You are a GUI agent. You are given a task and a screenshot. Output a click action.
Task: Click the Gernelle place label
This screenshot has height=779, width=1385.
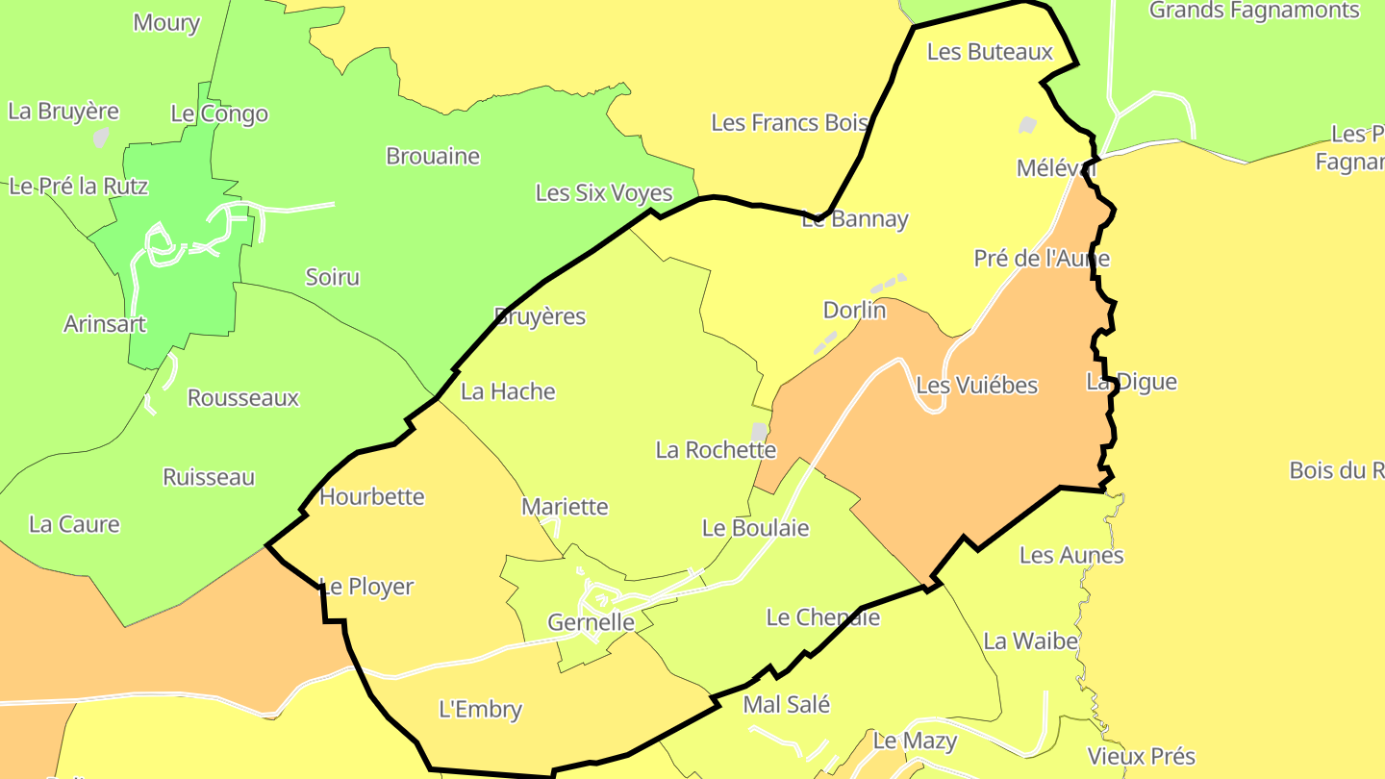[x=591, y=622]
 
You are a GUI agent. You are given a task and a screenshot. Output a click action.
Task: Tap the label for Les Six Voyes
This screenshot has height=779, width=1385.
[x=604, y=193]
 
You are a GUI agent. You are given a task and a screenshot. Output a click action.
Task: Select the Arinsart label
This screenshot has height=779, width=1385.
[x=105, y=324]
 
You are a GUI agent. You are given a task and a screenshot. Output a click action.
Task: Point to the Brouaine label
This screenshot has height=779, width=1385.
[x=433, y=156]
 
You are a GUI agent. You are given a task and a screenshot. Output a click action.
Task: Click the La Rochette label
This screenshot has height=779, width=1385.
[x=716, y=450]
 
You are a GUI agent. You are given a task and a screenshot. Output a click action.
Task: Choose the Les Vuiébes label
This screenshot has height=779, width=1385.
[x=977, y=386]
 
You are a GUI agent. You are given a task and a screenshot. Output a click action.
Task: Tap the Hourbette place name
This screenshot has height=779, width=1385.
[x=371, y=497]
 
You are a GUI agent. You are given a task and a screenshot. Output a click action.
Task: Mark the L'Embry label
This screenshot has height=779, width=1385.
[x=480, y=711]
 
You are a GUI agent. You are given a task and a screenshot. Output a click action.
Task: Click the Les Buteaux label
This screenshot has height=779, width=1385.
[x=990, y=52]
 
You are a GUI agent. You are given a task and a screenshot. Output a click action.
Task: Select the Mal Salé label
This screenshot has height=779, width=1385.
[x=786, y=705]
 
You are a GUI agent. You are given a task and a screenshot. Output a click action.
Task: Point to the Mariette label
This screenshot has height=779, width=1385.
[x=565, y=507]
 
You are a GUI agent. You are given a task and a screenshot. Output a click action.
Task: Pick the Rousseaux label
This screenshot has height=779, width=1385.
[x=243, y=398]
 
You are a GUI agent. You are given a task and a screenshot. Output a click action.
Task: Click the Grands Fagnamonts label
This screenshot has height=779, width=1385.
[x=1254, y=11]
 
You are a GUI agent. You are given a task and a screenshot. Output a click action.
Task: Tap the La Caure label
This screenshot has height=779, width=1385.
[x=74, y=525]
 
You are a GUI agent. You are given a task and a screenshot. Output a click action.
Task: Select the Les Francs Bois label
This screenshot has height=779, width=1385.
[x=790, y=123]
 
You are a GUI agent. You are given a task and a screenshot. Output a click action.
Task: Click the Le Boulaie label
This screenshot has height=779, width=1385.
[x=755, y=529]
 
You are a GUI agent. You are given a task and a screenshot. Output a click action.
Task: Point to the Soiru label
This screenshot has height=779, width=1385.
[x=332, y=278]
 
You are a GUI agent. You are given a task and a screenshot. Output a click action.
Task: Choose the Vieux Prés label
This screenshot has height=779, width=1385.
[x=1142, y=756]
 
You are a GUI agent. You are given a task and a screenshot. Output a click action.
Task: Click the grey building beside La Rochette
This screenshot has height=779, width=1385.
[x=760, y=431]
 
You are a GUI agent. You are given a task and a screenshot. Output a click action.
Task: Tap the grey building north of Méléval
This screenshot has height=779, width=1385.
[x=1027, y=125]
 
